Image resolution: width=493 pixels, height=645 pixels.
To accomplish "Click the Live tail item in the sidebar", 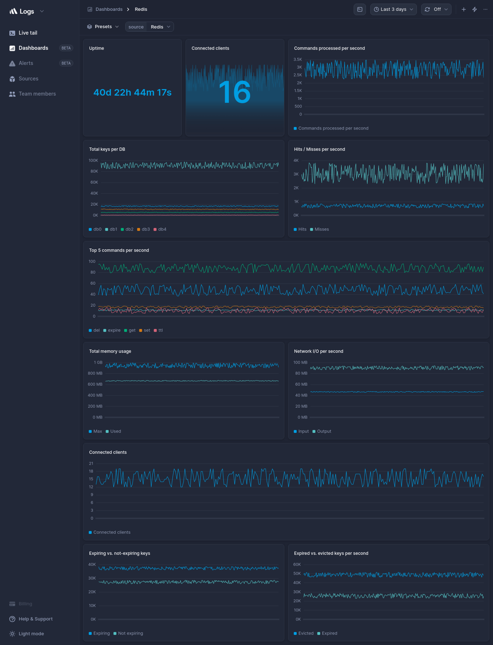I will click(28, 33).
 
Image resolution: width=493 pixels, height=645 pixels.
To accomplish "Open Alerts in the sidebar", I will click(26, 63).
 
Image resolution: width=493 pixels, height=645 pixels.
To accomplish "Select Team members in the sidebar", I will click(37, 94).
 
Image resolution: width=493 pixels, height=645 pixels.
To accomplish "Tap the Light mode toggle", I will click(31, 634).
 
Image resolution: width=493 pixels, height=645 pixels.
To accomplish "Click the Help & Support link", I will click(35, 619).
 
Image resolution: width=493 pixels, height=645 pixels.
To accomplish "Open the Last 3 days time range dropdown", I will click(393, 9).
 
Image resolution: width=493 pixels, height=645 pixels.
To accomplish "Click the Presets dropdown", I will click(103, 27).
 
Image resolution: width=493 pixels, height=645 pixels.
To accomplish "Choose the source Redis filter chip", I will click(149, 27).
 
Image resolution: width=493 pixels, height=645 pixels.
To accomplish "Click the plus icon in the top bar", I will click(464, 9).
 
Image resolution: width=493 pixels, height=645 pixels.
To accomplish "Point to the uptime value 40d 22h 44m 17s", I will click(133, 93).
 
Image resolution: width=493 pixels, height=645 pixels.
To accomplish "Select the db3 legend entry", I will click(143, 229).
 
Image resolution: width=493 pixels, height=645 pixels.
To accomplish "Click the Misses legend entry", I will click(321, 229).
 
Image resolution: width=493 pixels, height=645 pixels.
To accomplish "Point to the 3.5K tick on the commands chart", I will click(298, 60).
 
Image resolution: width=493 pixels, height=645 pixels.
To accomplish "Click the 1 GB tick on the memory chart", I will click(98, 363).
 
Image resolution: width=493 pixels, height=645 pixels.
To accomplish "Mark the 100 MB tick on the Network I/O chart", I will click(300, 363).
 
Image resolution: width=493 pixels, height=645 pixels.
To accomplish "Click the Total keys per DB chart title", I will click(107, 149).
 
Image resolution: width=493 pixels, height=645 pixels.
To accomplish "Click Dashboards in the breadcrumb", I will click(109, 9).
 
